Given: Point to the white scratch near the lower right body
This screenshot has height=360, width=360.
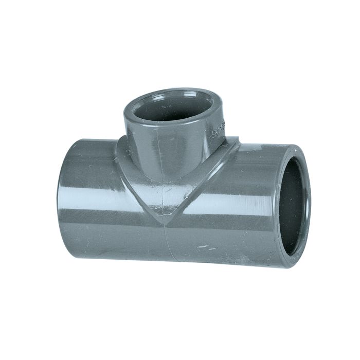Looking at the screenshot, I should pyautogui.click(x=206, y=246).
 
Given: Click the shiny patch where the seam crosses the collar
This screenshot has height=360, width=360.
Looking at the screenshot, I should pyautogui.click(x=166, y=198).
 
